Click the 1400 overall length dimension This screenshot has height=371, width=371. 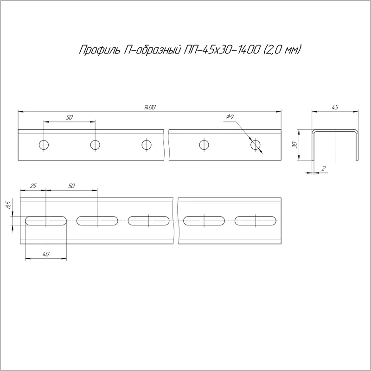(x=150, y=107)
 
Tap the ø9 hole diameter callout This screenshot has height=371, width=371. (x=230, y=117)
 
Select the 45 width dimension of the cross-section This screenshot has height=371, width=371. (x=335, y=107)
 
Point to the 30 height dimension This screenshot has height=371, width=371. (x=294, y=145)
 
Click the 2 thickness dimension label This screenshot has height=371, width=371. (x=324, y=168)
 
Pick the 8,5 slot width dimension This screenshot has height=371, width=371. (x=8, y=205)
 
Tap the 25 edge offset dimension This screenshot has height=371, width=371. (x=33, y=186)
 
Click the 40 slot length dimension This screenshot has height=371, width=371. (x=46, y=254)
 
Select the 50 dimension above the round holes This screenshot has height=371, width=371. (x=69, y=117)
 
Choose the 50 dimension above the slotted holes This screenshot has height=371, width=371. (x=71, y=186)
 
